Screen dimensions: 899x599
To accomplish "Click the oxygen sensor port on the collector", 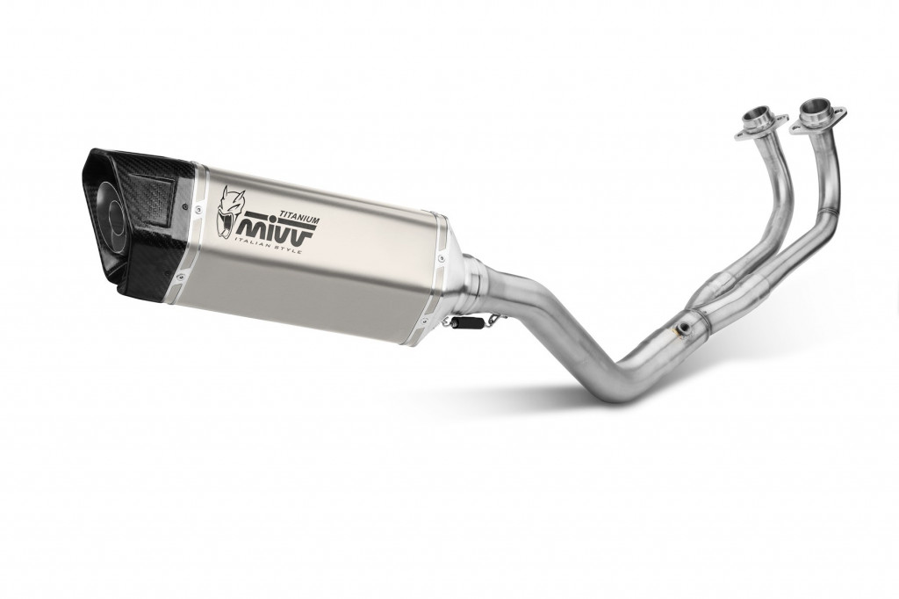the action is tap(681, 330).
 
